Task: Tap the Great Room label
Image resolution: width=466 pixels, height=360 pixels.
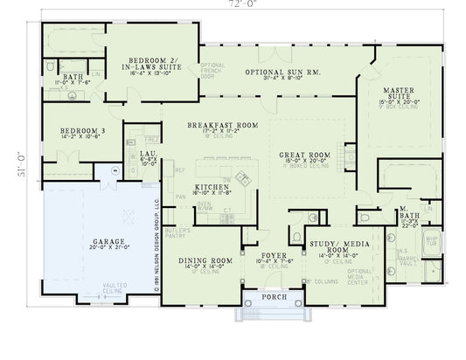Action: tap(303, 156)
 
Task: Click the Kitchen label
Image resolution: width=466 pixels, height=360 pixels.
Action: tap(211, 188)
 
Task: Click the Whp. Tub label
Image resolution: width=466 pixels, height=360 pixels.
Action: tap(430, 239)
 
